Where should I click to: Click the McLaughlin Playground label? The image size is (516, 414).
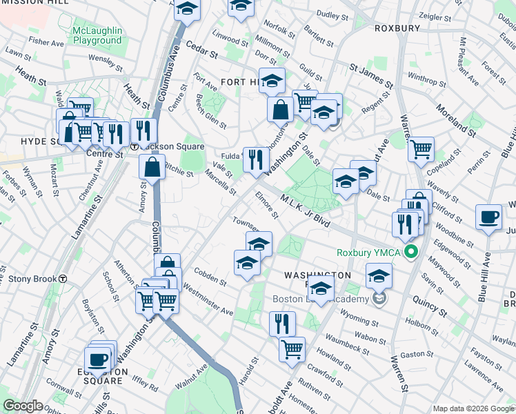click(97, 35)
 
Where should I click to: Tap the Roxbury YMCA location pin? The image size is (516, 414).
click(412, 252)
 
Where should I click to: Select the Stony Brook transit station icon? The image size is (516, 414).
click(63, 279)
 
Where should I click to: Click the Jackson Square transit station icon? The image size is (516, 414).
click(135, 147)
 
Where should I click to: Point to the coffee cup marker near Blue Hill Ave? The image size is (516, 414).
click(489, 217)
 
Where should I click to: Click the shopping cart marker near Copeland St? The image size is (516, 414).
click(421, 148)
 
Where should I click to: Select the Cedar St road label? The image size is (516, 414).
click(202, 52)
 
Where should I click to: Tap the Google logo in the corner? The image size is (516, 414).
click(23, 406)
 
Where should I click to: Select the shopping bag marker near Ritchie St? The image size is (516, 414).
click(152, 167)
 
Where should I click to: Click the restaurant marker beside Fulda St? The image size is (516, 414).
click(256, 159)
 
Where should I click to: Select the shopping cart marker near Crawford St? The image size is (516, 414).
click(292, 349)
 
